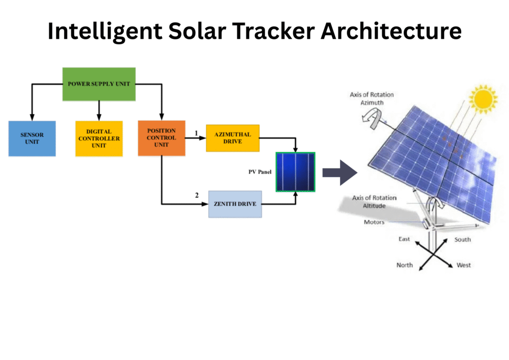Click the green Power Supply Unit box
[99, 84]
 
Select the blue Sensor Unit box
[32, 138]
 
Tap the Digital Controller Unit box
[99, 138]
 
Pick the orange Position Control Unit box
[162, 138]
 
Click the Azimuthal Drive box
[233, 138]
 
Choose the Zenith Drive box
[235, 204]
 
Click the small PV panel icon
[296, 172]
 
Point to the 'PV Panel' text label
[260, 172]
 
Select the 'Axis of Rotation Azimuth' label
[367, 98]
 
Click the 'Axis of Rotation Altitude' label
[369, 201]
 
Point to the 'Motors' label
[374, 222]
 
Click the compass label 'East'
[404, 239]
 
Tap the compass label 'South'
[462, 240]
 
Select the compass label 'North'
[404, 265]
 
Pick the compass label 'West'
[463, 265]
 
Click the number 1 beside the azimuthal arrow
[196, 133]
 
